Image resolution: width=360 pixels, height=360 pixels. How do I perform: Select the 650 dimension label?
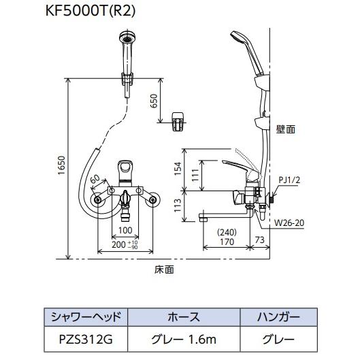154,99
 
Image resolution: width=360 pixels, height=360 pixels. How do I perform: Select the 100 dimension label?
124,231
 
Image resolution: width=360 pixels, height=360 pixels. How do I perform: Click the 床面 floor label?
164,269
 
